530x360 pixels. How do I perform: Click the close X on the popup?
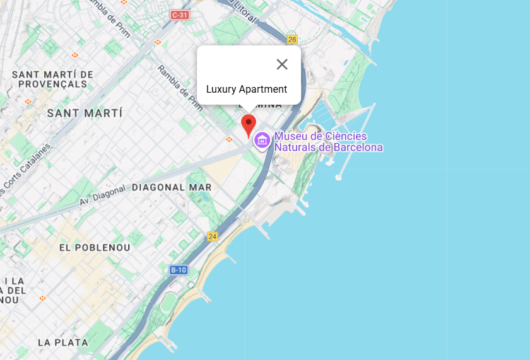tap(282, 64)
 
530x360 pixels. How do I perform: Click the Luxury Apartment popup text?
tap(247, 90)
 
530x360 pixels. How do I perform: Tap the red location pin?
tap(249, 125)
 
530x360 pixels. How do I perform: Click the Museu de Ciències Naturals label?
tap(328, 142)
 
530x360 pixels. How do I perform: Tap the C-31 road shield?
tap(180, 15)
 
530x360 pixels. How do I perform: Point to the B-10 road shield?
tap(179, 270)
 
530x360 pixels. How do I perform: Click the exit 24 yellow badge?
tap(212, 236)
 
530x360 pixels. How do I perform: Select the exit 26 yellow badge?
tap(291, 39)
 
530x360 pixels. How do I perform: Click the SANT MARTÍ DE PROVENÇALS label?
tap(52, 79)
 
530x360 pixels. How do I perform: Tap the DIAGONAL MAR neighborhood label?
tap(172, 187)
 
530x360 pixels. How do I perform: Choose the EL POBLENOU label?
tap(95, 248)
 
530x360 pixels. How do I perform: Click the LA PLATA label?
tap(63, 342)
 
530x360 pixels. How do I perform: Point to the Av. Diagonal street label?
tap(103, 196)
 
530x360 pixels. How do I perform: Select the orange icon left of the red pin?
tap(229, 139)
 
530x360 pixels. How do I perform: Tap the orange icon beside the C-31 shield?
tap(158, 42)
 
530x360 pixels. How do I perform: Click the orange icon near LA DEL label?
tap(42, 298)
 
